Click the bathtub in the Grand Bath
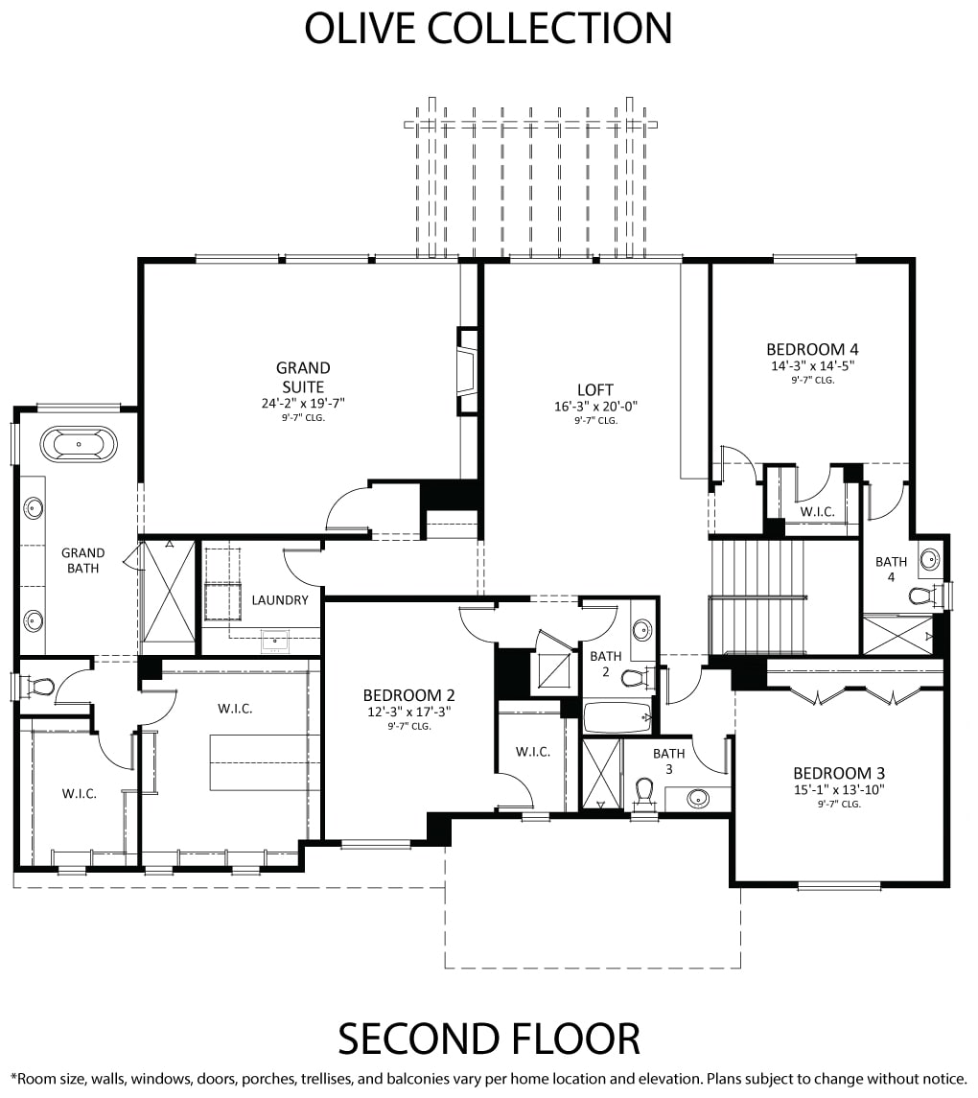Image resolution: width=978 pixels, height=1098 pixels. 79,445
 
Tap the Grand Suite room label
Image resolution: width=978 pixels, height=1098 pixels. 303,377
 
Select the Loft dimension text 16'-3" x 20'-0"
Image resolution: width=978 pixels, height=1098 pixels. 595,407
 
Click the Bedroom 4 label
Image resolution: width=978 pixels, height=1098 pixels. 812,349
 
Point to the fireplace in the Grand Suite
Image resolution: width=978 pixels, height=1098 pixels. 466,371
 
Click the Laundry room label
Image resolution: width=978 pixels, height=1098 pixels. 280,600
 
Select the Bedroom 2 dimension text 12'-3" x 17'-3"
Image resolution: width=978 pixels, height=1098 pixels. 408,713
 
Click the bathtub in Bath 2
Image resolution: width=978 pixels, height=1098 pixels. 617,716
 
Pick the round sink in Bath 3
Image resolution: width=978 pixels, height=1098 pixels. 697,798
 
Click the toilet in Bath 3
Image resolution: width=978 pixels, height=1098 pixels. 644,794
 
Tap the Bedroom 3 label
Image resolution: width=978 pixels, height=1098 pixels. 839,773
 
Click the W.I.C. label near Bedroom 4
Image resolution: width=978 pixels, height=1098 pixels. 818,512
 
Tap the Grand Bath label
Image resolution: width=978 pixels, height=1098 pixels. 82,560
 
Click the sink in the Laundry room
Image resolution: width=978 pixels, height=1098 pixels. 275,640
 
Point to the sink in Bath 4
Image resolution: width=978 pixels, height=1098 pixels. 929,559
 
